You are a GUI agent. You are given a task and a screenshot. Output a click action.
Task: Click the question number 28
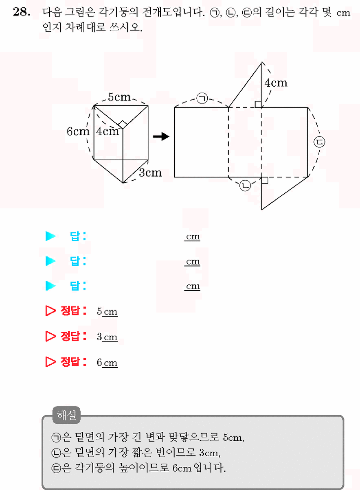pyautogui.click(x=22, y=12)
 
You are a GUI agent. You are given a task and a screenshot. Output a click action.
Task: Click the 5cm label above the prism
pyautogui.click(x=119, y=97)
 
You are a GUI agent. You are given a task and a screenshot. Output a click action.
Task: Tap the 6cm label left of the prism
pyautogui.click(x=78, y=131)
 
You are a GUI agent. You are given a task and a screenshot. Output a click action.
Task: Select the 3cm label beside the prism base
pyautogui.click(x=150, y=173)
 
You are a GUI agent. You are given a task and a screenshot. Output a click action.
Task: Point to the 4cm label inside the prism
pyautogui.click(x=108, y=131)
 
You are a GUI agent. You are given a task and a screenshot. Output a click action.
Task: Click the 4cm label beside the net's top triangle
pyautogui.click(x=276, y=83)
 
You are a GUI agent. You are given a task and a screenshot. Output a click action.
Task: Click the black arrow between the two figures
pyautogui.click(x=161, y=136)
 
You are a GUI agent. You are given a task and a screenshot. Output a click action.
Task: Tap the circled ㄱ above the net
pyautogui.click(x=202, y=98)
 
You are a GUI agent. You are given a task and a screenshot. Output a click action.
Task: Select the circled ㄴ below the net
pyautogui.click(x=245, y=186)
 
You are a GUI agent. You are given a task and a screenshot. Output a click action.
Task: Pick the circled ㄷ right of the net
pyautogui.click(x=319, y=142)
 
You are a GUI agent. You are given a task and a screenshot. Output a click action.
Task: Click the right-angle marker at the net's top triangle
pyautogui.click(x=258, y=104)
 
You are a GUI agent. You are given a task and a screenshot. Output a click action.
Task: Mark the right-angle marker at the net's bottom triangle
pyautogui.click(x=265, y=180)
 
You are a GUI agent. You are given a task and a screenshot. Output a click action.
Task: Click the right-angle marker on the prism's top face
pyautogui.click(x=123, y=124)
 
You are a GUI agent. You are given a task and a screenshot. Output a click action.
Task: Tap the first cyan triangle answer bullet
pyautogui.click(x=50, y=236)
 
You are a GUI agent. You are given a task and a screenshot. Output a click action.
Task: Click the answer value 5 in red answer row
pyautogui.click(x=99, y=311)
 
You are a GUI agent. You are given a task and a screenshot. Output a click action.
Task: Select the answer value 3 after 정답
pyautogui.click(x=99, y=337)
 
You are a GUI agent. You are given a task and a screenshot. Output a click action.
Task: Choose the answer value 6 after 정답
pyautogui.click(x=99, y=362)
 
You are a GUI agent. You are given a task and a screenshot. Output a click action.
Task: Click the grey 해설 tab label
pyautogui.click(x=66, y=415)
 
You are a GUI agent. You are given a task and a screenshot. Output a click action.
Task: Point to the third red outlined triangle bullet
pyautogui.click(x=50, y=362)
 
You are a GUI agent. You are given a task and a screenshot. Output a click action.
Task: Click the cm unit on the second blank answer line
pyautogui.click(x=193, y=261)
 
